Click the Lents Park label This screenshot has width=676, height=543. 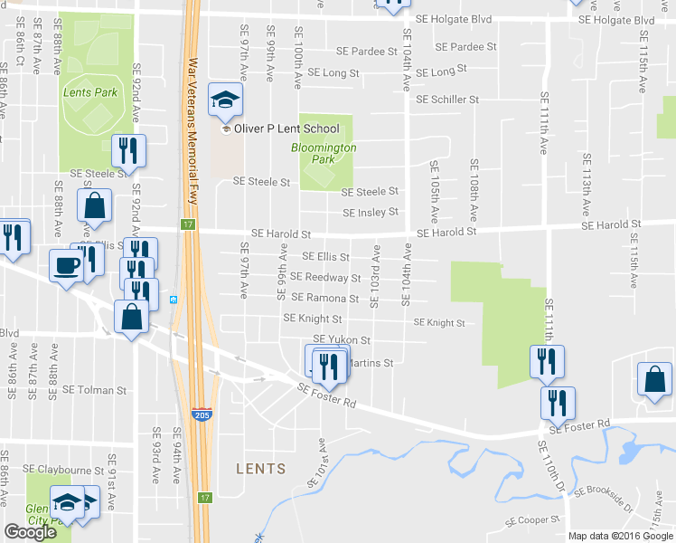pos(90,92)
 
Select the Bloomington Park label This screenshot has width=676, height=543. pos(324,153)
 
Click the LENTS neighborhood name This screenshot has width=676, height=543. pos(260,469)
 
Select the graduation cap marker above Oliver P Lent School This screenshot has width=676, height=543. pos(225,100)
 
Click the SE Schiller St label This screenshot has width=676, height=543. pos(448,100)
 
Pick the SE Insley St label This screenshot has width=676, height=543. pos(371,212)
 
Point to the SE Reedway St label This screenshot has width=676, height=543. pos(320,278)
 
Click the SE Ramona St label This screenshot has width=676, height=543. pos(324,298)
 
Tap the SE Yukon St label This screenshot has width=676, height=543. pos(342,339)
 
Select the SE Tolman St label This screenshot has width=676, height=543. pos(95,390)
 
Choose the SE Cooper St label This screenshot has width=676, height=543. pos(533,521)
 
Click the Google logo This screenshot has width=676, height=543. pos(30,532)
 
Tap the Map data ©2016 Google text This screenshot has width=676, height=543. pos(620,536)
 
